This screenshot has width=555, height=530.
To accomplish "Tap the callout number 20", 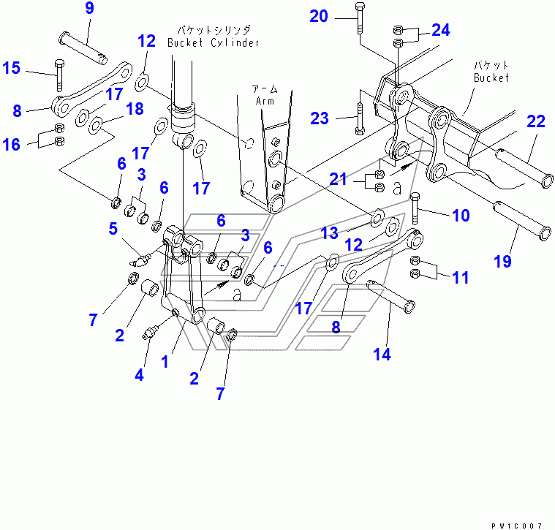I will pyautogui.click(x=319, y=15).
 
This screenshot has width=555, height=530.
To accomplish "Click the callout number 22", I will pyautogui.click(x=536, y=121).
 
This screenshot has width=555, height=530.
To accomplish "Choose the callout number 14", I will pyautogui.click(x=382, y=355).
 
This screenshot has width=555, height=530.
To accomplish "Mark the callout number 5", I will pyautogui.click(x=113, y=228).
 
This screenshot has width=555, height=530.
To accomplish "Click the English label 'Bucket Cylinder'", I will pyautogui.click(x=214, y=42).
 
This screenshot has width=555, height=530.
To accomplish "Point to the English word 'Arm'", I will pyautogui.click(x=265, y=102).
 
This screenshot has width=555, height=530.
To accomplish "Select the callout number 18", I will pyautogui.click(x=134, y=109).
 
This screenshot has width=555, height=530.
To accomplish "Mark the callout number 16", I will pyautogui.click(x=11, y=145).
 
